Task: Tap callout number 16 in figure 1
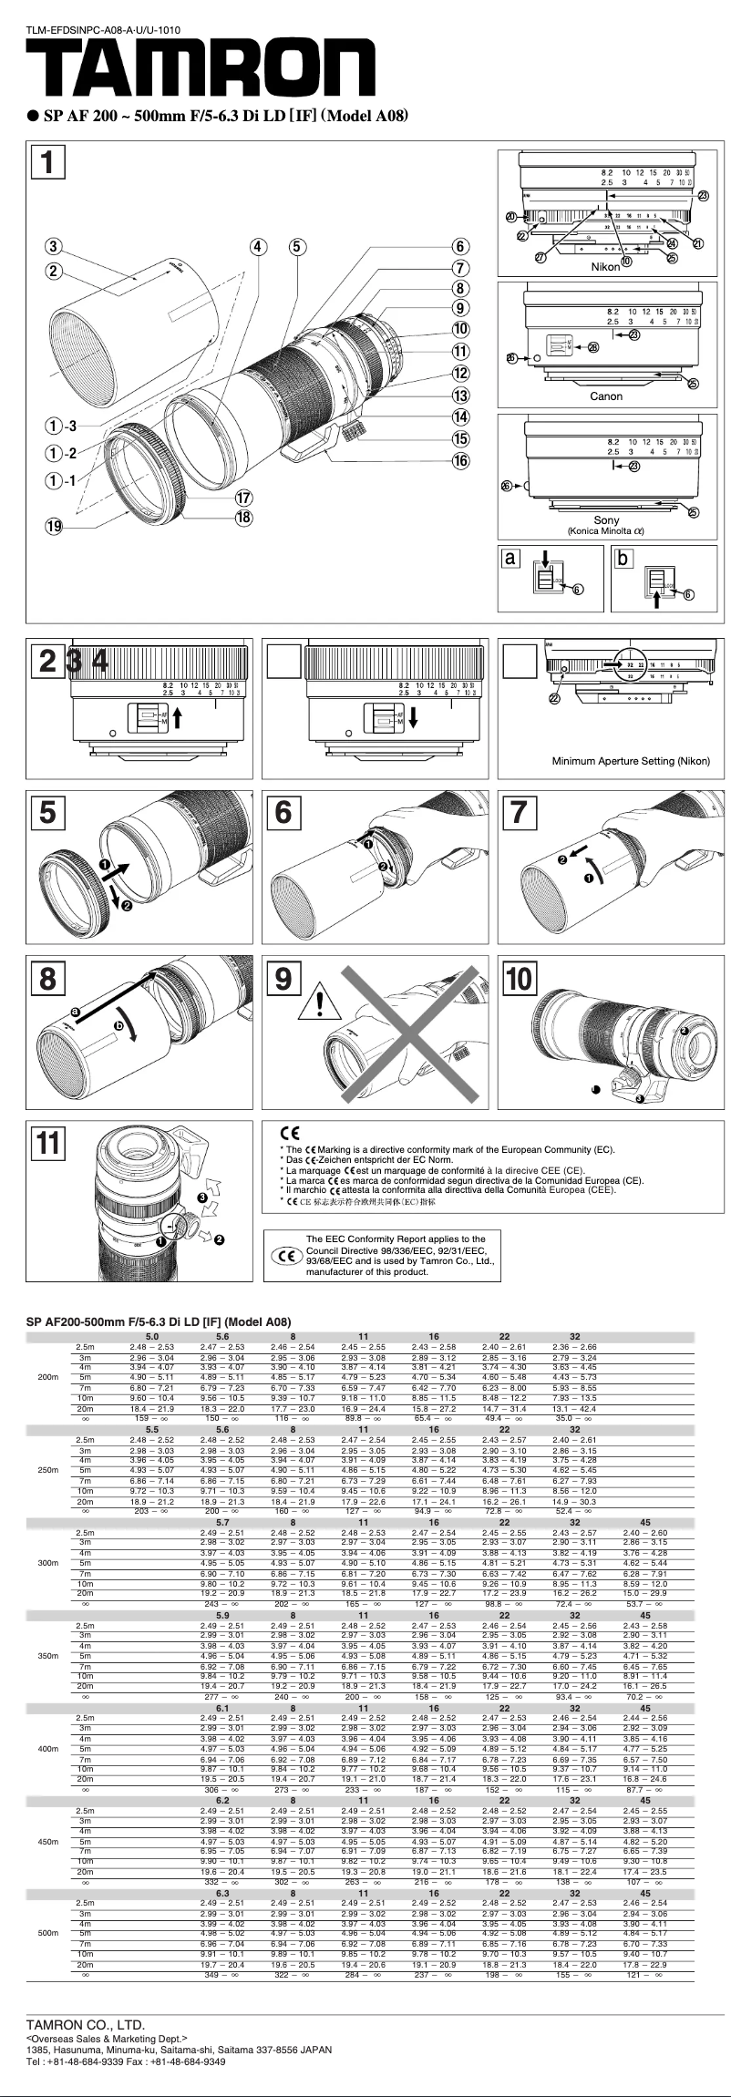[x=461, y=460]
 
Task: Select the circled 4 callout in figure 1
[x=260, y=246]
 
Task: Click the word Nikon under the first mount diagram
[x=606, y=267]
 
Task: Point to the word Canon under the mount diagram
[x=606, y=396]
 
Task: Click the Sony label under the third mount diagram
[x=606, y=520]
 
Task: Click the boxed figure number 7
[x=519, y=811]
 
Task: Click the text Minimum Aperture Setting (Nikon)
[x=631, y=761]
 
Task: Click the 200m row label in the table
[x=48, y=1376]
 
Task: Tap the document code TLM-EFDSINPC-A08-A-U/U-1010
[x=103, y=30]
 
